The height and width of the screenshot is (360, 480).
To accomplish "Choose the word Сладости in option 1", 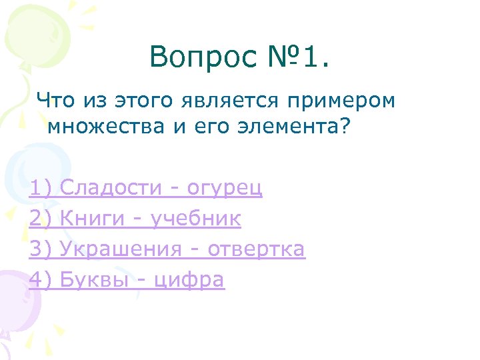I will click(109, 189).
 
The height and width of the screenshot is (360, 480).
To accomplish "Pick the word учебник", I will click(196, 219).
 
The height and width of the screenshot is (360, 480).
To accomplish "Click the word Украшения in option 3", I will click(120, 249).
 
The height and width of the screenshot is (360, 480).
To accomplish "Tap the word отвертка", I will click(256, 249).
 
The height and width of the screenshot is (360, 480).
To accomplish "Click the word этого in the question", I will click(141, 101).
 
